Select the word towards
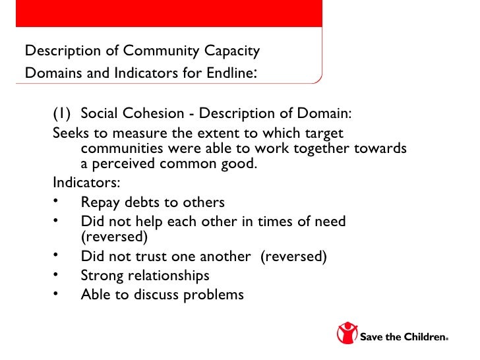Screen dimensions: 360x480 click(377, 148)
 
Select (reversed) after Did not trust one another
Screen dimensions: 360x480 click(293, 256)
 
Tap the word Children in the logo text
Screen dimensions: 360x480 click(423, 338)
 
